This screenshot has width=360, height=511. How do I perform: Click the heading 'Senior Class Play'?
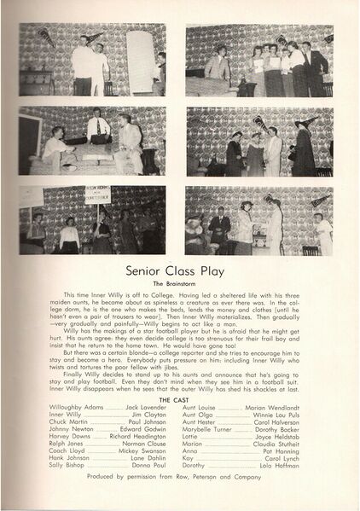pyautogui.click(x=180, y=271)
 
